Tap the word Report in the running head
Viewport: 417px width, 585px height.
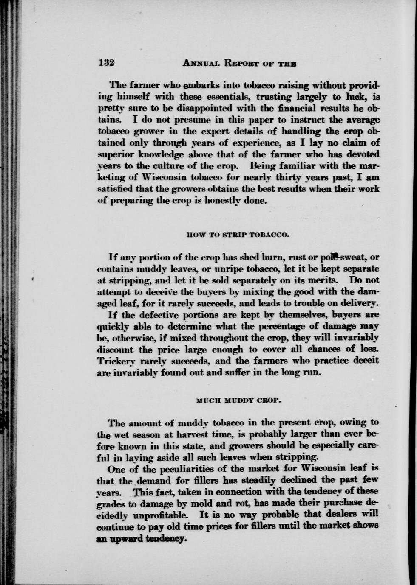241,63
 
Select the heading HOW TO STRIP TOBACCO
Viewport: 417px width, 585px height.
238,234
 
